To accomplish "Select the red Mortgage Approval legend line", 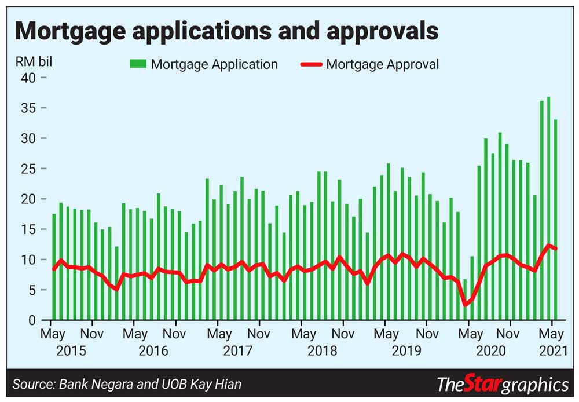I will coord(311,64).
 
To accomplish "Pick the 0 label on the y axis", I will coord(33,320).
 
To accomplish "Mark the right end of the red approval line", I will coord(556,249).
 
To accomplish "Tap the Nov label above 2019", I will coord(427,334).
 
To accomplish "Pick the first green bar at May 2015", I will coord(54,266).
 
